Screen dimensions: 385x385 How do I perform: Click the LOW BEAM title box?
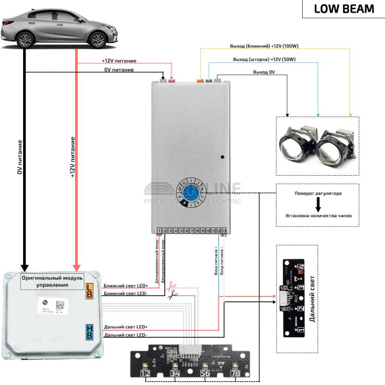[344, 9]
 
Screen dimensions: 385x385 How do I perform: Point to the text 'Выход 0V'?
[264, 72]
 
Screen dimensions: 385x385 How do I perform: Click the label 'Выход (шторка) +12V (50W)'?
[263, 59]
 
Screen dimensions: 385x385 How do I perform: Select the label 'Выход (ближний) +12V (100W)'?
[265, 47]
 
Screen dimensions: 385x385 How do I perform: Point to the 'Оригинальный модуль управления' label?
[52, 282]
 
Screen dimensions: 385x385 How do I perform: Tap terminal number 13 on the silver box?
[223, 231]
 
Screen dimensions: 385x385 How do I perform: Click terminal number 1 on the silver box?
[159, 231]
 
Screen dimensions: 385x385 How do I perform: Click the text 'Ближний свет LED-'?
[126, 293]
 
